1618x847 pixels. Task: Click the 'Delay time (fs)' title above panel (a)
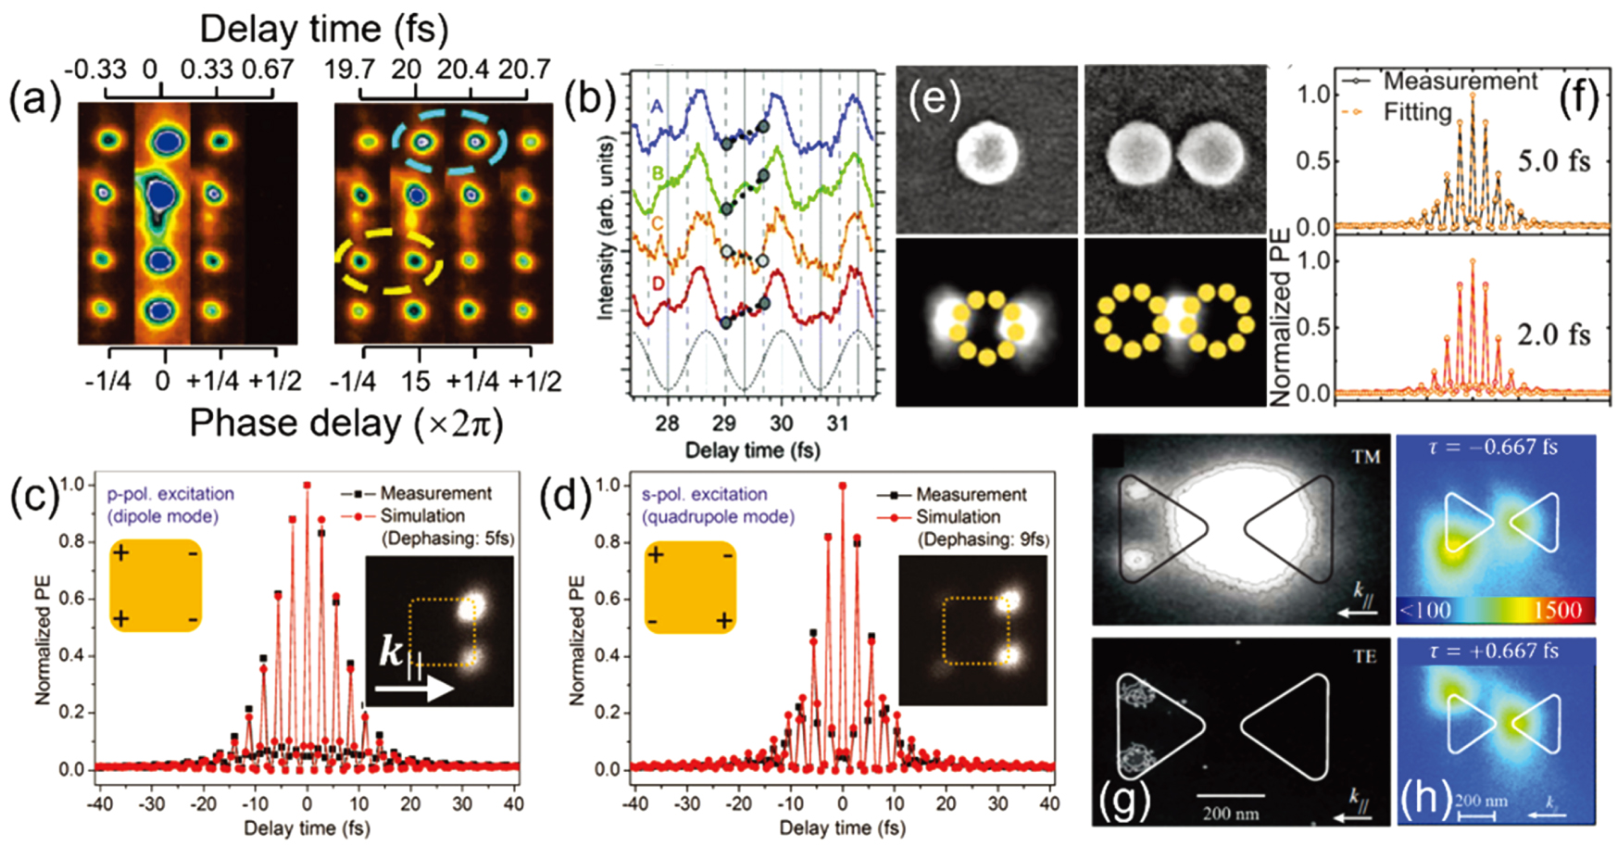[324, 30]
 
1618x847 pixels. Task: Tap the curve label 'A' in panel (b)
[657, 107]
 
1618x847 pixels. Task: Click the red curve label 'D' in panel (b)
[658, 284]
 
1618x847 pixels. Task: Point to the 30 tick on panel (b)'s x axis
[781, 423]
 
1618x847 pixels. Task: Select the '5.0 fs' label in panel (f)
[1553, 160]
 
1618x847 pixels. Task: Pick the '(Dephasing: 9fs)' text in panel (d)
[984, 539]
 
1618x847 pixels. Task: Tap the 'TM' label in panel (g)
[1365, 457]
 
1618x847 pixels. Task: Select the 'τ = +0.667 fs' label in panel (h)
[1498, 651]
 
